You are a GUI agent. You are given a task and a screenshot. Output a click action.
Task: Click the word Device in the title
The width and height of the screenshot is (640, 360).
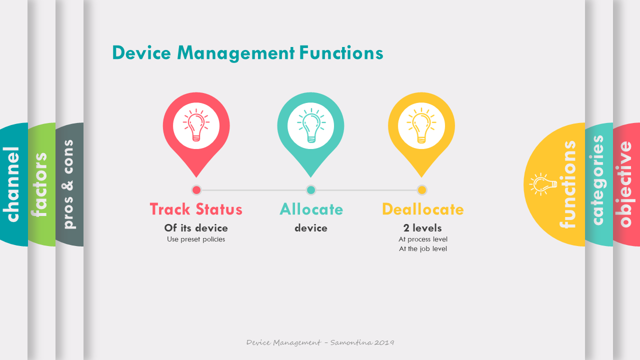[141, 53]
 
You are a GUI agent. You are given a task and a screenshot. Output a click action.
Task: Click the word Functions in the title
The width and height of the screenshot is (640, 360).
[341, 53]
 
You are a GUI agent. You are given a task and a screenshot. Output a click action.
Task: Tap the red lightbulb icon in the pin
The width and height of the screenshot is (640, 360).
[196, 125]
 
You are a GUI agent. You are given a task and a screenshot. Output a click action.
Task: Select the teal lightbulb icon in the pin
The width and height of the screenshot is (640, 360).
[311, 125]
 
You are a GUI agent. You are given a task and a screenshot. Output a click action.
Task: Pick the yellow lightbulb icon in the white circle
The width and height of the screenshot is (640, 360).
[421, 125]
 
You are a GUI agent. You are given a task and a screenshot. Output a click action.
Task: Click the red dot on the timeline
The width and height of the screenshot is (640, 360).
[196, 190]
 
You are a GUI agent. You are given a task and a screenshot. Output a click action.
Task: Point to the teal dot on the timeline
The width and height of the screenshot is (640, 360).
[311, 190]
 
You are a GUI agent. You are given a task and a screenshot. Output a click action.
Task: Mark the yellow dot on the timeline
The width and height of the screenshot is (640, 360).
[421, 190]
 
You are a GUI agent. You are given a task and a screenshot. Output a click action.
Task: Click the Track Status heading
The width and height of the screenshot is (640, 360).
[196, 209]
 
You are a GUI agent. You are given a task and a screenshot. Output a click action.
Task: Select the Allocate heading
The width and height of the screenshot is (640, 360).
[311, 209]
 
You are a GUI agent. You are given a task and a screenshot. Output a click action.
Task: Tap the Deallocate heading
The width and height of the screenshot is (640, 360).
[423, 209]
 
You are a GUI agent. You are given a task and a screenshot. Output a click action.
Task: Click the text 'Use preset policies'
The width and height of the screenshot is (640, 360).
[196, 239]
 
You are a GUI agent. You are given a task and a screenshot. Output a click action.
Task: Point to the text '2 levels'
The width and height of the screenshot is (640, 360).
[422, 228]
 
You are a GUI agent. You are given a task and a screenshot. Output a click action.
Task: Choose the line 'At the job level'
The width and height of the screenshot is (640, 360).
[423, 249]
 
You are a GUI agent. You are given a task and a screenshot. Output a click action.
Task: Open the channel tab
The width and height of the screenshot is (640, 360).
[13, 184]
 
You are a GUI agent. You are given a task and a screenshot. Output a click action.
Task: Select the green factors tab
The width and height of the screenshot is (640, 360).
[41, 184]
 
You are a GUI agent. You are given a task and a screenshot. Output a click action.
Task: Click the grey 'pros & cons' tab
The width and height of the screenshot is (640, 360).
[69, 184]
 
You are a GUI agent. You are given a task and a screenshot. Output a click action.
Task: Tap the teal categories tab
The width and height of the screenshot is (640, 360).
[599, 184]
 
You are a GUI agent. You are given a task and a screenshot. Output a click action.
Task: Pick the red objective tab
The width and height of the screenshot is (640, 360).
[626, 184]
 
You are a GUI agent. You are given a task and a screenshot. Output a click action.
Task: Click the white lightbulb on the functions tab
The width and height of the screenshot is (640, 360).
[543, 184]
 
